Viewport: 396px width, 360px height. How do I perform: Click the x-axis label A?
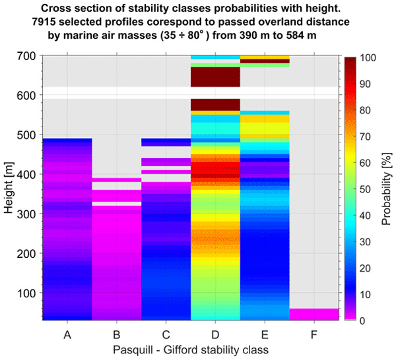(x=67, y=335)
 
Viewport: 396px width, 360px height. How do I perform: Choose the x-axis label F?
(x=314, y=335)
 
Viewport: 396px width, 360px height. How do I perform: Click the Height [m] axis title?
(x=8, y=188)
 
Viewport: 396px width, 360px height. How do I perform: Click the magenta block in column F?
(x=314, y=314)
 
